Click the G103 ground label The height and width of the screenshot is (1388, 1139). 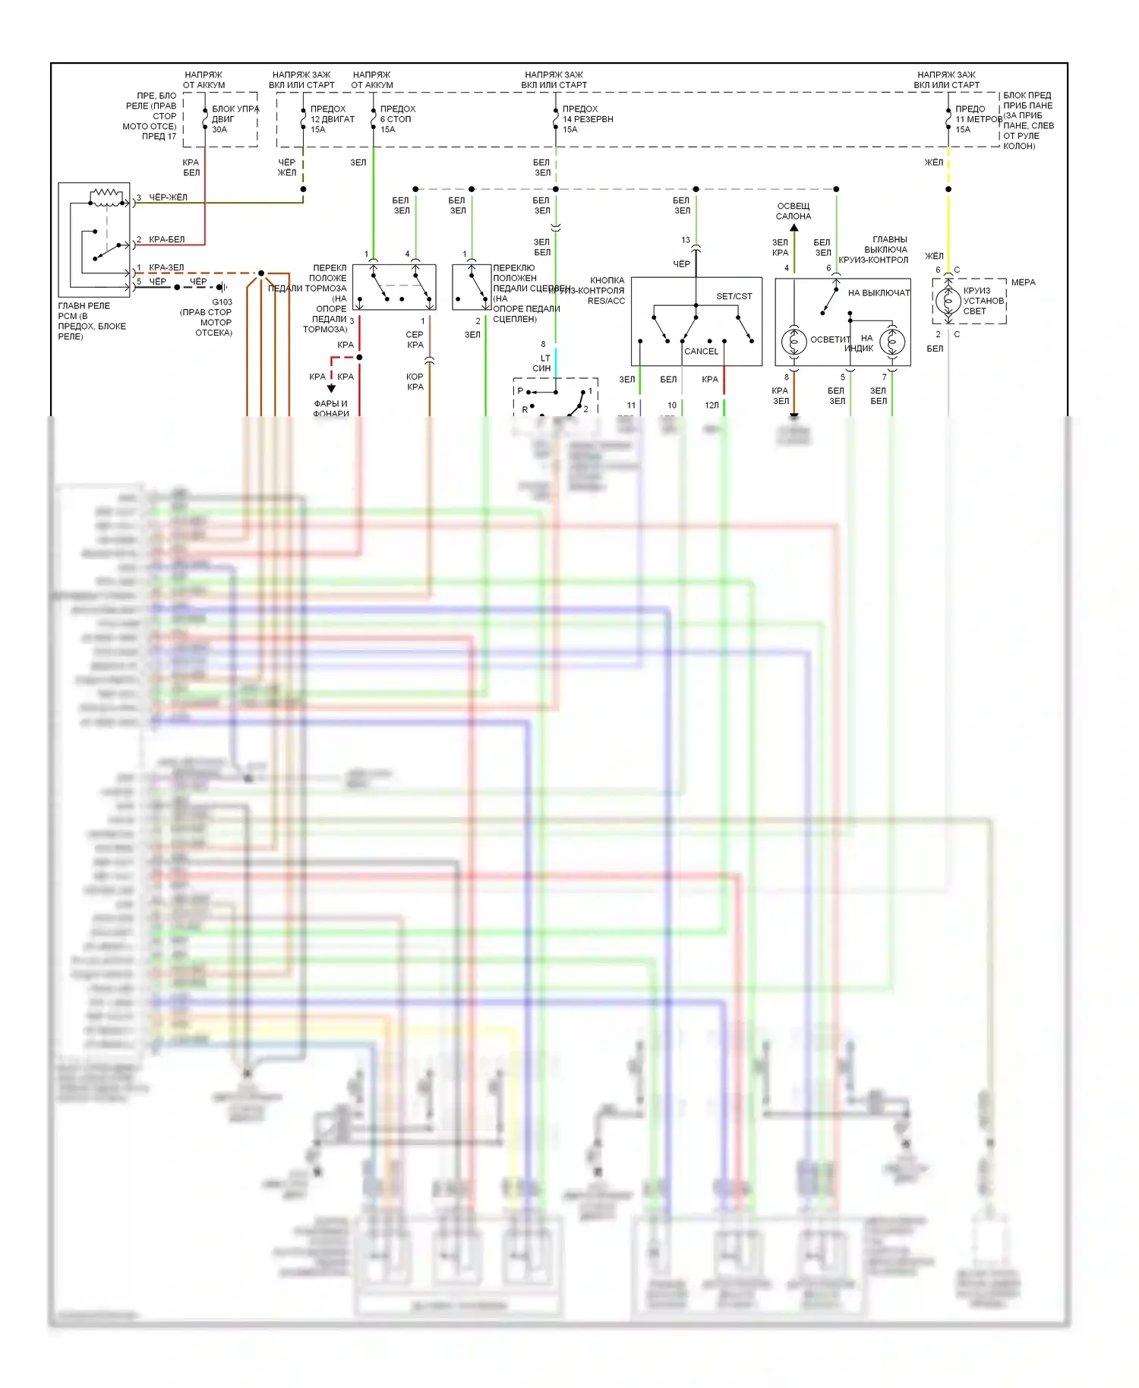click(x=222, y=302)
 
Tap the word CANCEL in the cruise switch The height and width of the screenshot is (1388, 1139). click(x=701, y=352)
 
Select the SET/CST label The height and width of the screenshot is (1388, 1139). click(x=734, y=297)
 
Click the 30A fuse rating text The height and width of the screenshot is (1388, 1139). click(x=219, y=130)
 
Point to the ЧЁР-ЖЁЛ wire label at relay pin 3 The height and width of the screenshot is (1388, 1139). click(x=168, y=197)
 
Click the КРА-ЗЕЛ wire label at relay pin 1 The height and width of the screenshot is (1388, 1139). click(x=166, y=267)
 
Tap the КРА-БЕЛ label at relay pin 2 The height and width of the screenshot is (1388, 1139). click(x=166, y=239)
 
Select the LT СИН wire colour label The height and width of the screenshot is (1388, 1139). click(x=543, y=364)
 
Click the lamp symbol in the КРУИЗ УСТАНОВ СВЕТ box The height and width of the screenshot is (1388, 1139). click(x=947, y=301)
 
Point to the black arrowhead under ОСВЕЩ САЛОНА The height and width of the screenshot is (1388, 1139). click(x=794, y=227)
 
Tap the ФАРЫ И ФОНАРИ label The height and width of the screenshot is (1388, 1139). click(x=331, y=409)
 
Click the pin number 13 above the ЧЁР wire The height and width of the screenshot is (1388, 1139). click(x=685, y=240)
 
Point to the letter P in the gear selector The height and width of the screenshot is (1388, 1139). click(x=521, y=391)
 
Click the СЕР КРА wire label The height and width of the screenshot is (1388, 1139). click(x=415, y=339)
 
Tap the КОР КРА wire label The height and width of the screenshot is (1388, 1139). click(x=415, y=382)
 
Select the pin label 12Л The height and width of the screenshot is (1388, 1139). click(x=711, y=405)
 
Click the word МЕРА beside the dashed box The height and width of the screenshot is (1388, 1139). click(x=1023, y=282)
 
